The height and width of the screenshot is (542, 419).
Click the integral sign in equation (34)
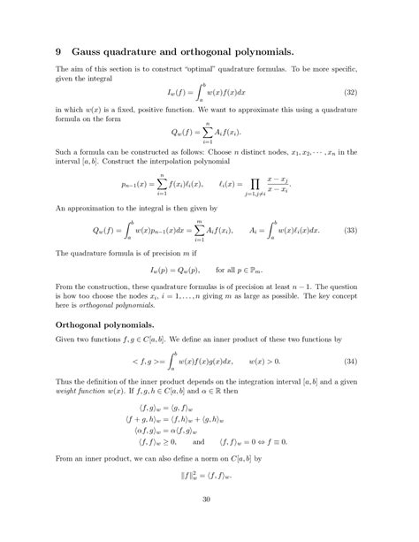[x=163, y=363]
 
